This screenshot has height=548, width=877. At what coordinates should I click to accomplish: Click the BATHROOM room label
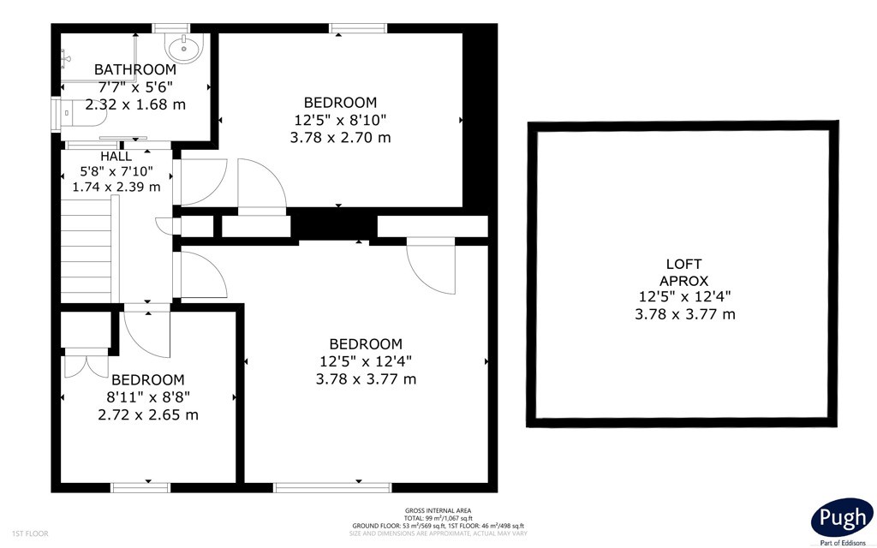tap(134, 69)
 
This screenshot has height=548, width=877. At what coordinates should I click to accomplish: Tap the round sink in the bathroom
tap(183, 46)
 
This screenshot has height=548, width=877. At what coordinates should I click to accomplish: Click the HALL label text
tap(116, 157)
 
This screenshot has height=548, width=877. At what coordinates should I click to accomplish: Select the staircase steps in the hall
tap(87, 249)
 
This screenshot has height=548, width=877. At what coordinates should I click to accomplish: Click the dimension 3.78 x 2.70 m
tap(340, 137)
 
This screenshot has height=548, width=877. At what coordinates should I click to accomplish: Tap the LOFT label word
tap(683, 264)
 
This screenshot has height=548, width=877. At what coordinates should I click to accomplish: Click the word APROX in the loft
tap(683, 281)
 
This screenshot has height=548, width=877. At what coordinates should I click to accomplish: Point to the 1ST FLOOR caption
tap(30, 533)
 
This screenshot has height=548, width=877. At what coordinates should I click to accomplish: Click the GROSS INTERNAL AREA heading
tap(438, 510)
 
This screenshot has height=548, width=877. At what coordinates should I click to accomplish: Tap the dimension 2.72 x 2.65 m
tap(147, 415)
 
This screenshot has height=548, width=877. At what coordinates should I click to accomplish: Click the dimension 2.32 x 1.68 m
tap(135, 104)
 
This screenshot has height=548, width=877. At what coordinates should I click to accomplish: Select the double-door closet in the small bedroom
tap(87, 362)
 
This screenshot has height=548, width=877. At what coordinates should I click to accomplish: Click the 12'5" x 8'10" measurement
tap(340, 120)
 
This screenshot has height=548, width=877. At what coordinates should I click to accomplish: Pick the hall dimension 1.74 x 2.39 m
tap(116, 187)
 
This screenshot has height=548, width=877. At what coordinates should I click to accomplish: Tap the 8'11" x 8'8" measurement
tap(147, 397)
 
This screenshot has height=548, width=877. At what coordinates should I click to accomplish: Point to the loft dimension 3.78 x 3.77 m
tap(684, 314)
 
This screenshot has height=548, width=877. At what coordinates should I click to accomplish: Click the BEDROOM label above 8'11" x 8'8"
tap(147, 380)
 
